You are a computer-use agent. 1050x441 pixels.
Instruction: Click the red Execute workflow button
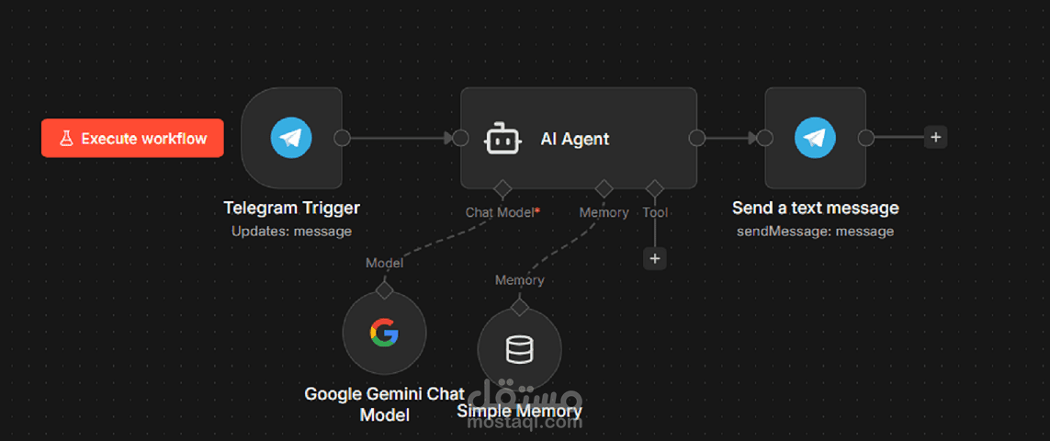(132, 138)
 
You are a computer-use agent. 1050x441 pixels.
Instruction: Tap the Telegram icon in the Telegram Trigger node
(290, 138)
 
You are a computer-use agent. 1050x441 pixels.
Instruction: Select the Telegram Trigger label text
(291, 209)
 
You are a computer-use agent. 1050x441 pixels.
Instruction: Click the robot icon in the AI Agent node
(502, 138)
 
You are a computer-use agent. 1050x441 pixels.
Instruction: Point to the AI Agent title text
(575, 139)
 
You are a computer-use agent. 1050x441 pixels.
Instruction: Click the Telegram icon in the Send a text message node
(815, 138)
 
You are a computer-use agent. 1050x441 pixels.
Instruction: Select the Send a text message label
(815, 208)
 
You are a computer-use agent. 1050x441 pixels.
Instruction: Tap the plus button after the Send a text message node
(935, 138)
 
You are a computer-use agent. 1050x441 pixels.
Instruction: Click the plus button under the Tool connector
(655, 259)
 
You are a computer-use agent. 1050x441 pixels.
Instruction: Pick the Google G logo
(384, 334)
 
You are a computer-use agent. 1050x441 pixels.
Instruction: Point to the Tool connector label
(655, 212)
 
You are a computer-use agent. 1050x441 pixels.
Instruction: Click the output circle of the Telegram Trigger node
(342, 138)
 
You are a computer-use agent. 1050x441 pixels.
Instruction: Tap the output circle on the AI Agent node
(697, 138)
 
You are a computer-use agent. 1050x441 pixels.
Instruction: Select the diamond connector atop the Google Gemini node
(384, 291)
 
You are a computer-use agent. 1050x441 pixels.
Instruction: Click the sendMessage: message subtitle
(815, 232)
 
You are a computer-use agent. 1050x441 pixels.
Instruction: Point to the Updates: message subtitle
(291, 232)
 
